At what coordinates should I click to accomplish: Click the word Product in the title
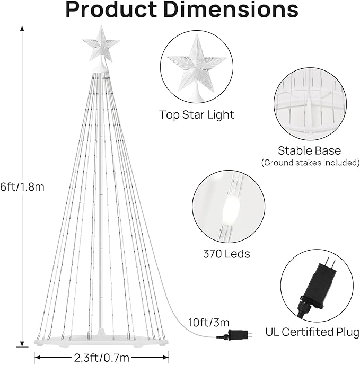(111, 10)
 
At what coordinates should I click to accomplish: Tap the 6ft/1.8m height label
(22, 186)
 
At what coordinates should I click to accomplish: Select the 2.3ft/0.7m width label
(102, 358)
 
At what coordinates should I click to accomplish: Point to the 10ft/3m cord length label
(209, 323)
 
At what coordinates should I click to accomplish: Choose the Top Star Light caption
(196, 115)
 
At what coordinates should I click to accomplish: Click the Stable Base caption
(310, 150)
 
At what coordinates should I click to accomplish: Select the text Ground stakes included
(310, 163)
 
